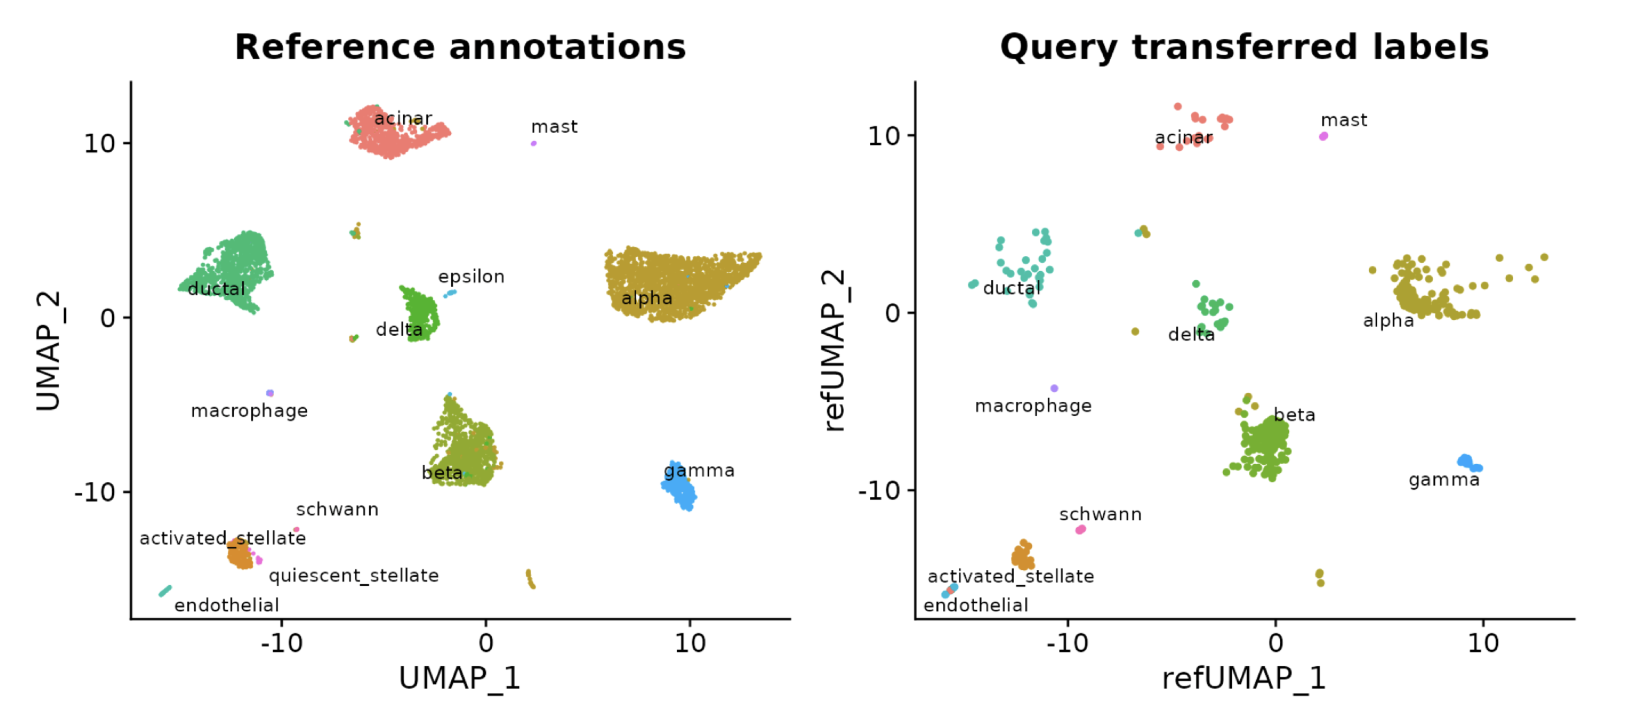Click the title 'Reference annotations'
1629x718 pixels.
(x=460, y=48)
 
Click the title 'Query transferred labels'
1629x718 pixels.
(x=1244, y=48)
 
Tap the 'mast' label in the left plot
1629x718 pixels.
(x=554, y=127)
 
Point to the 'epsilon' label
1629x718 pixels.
(x=471, y=277)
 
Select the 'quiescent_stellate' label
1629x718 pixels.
(x=353, y=576)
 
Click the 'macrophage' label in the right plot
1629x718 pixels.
(x=1032, y=406)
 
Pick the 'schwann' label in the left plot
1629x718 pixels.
(x=337, y=510)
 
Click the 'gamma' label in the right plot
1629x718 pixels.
(x=1444, y=480)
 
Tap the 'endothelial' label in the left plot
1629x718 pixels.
(x=226, y=605)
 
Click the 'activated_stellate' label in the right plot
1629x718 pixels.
(x=1010, y=576)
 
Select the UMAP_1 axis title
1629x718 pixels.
(x=459, y=678)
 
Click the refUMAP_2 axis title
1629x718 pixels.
(x=834, y=351)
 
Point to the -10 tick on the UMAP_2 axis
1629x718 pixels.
(x=95, y=492)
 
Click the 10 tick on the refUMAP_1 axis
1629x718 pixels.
(x=1482, y=643)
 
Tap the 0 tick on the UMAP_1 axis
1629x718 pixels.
(x=486, y=643)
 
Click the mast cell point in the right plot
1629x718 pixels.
(x=1323, y=136)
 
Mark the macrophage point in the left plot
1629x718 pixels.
(x=270, y=393)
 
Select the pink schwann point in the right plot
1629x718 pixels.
(x=1081, y=530)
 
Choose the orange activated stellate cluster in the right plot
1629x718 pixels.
(x=1022, y=556)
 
